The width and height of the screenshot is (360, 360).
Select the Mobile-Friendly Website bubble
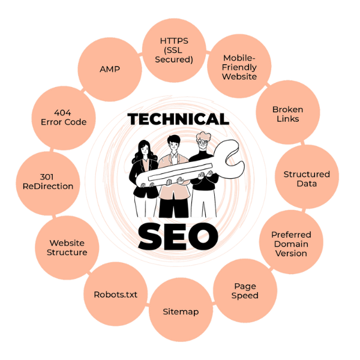[x=239, y=67]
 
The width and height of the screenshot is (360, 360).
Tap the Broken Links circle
[x=287, y=114]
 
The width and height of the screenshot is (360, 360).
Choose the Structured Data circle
[x=306, y=178]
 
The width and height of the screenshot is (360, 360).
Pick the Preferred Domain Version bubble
[x=290, y=243]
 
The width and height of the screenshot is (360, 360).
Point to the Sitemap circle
[x=180, y=311]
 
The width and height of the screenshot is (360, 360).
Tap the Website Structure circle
[x=67, y=247]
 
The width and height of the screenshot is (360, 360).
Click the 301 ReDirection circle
[x=47, y=181]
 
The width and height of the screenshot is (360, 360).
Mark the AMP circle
[x=109, y=69]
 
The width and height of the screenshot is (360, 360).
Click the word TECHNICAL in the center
[x=179, y=120]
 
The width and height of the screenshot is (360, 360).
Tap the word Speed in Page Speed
[x=245, y=295]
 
